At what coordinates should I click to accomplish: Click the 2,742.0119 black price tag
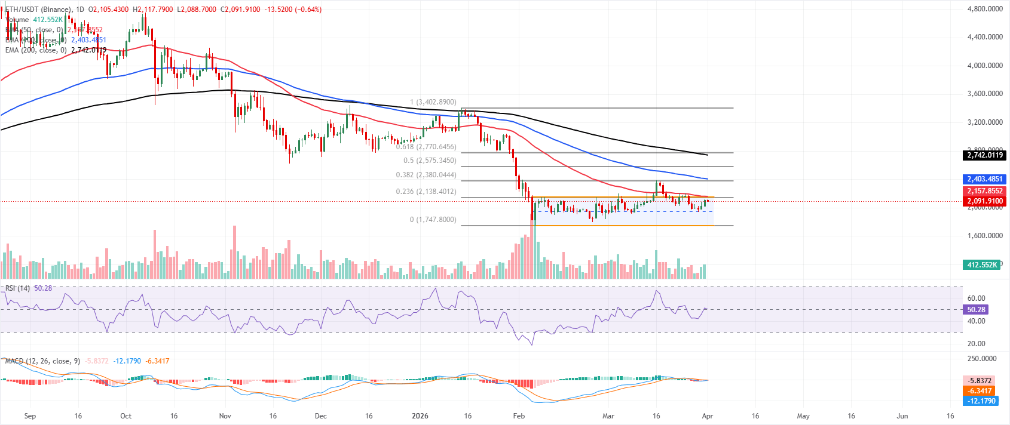point(985,155)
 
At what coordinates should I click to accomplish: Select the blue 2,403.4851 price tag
point(985,179)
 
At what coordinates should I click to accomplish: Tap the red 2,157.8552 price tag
point(985,191)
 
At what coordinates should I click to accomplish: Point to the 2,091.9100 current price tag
point(985,201)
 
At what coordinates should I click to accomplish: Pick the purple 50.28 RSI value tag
point(976,310)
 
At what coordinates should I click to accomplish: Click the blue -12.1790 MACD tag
point(980,401)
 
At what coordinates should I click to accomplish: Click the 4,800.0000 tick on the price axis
point(985,9)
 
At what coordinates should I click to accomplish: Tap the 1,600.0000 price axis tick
point(985,236)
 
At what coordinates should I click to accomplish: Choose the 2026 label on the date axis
point(420,416)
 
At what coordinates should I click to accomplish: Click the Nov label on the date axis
point(225,416)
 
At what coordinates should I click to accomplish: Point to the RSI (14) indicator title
point(17,288)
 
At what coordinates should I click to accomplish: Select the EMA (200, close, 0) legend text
point(36,50)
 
